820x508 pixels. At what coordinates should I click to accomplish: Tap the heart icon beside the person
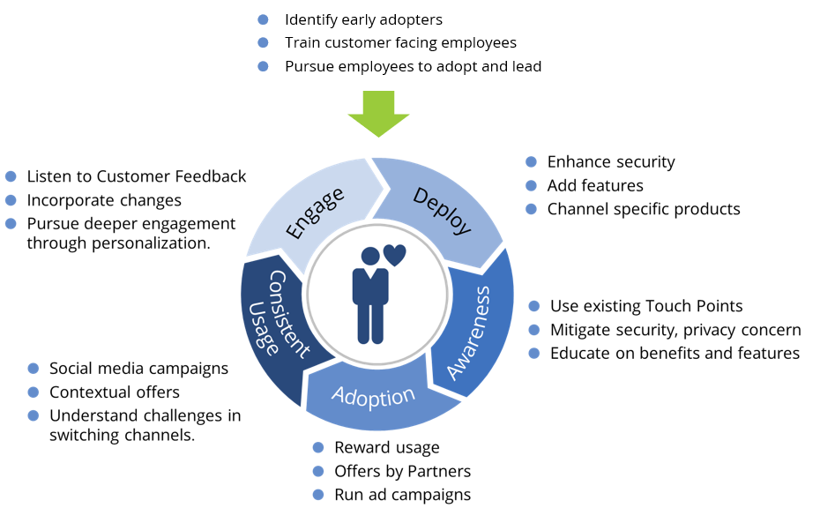[394, 256]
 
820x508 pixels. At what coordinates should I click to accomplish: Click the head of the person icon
[370, 257]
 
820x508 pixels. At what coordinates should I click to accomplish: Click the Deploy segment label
[442, 212]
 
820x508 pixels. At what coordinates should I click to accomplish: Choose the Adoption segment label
[374, 396]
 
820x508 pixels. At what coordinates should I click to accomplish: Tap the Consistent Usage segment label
[281, 312]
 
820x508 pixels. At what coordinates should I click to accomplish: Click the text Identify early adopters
[363, 19]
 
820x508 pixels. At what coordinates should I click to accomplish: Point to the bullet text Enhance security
[610, 162]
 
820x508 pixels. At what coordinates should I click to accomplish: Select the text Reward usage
[386, 448]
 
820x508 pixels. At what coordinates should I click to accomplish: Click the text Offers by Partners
[402, 471]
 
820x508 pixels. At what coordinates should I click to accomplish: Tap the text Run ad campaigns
[402, 495]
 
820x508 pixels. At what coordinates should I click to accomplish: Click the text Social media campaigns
[138, 369]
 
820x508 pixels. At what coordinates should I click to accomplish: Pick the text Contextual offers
[114, 392]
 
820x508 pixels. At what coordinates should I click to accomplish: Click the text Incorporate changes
[104, 200]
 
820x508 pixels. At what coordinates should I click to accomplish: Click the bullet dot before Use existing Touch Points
[533, 306]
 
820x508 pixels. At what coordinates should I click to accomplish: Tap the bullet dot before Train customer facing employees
[262, 43]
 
